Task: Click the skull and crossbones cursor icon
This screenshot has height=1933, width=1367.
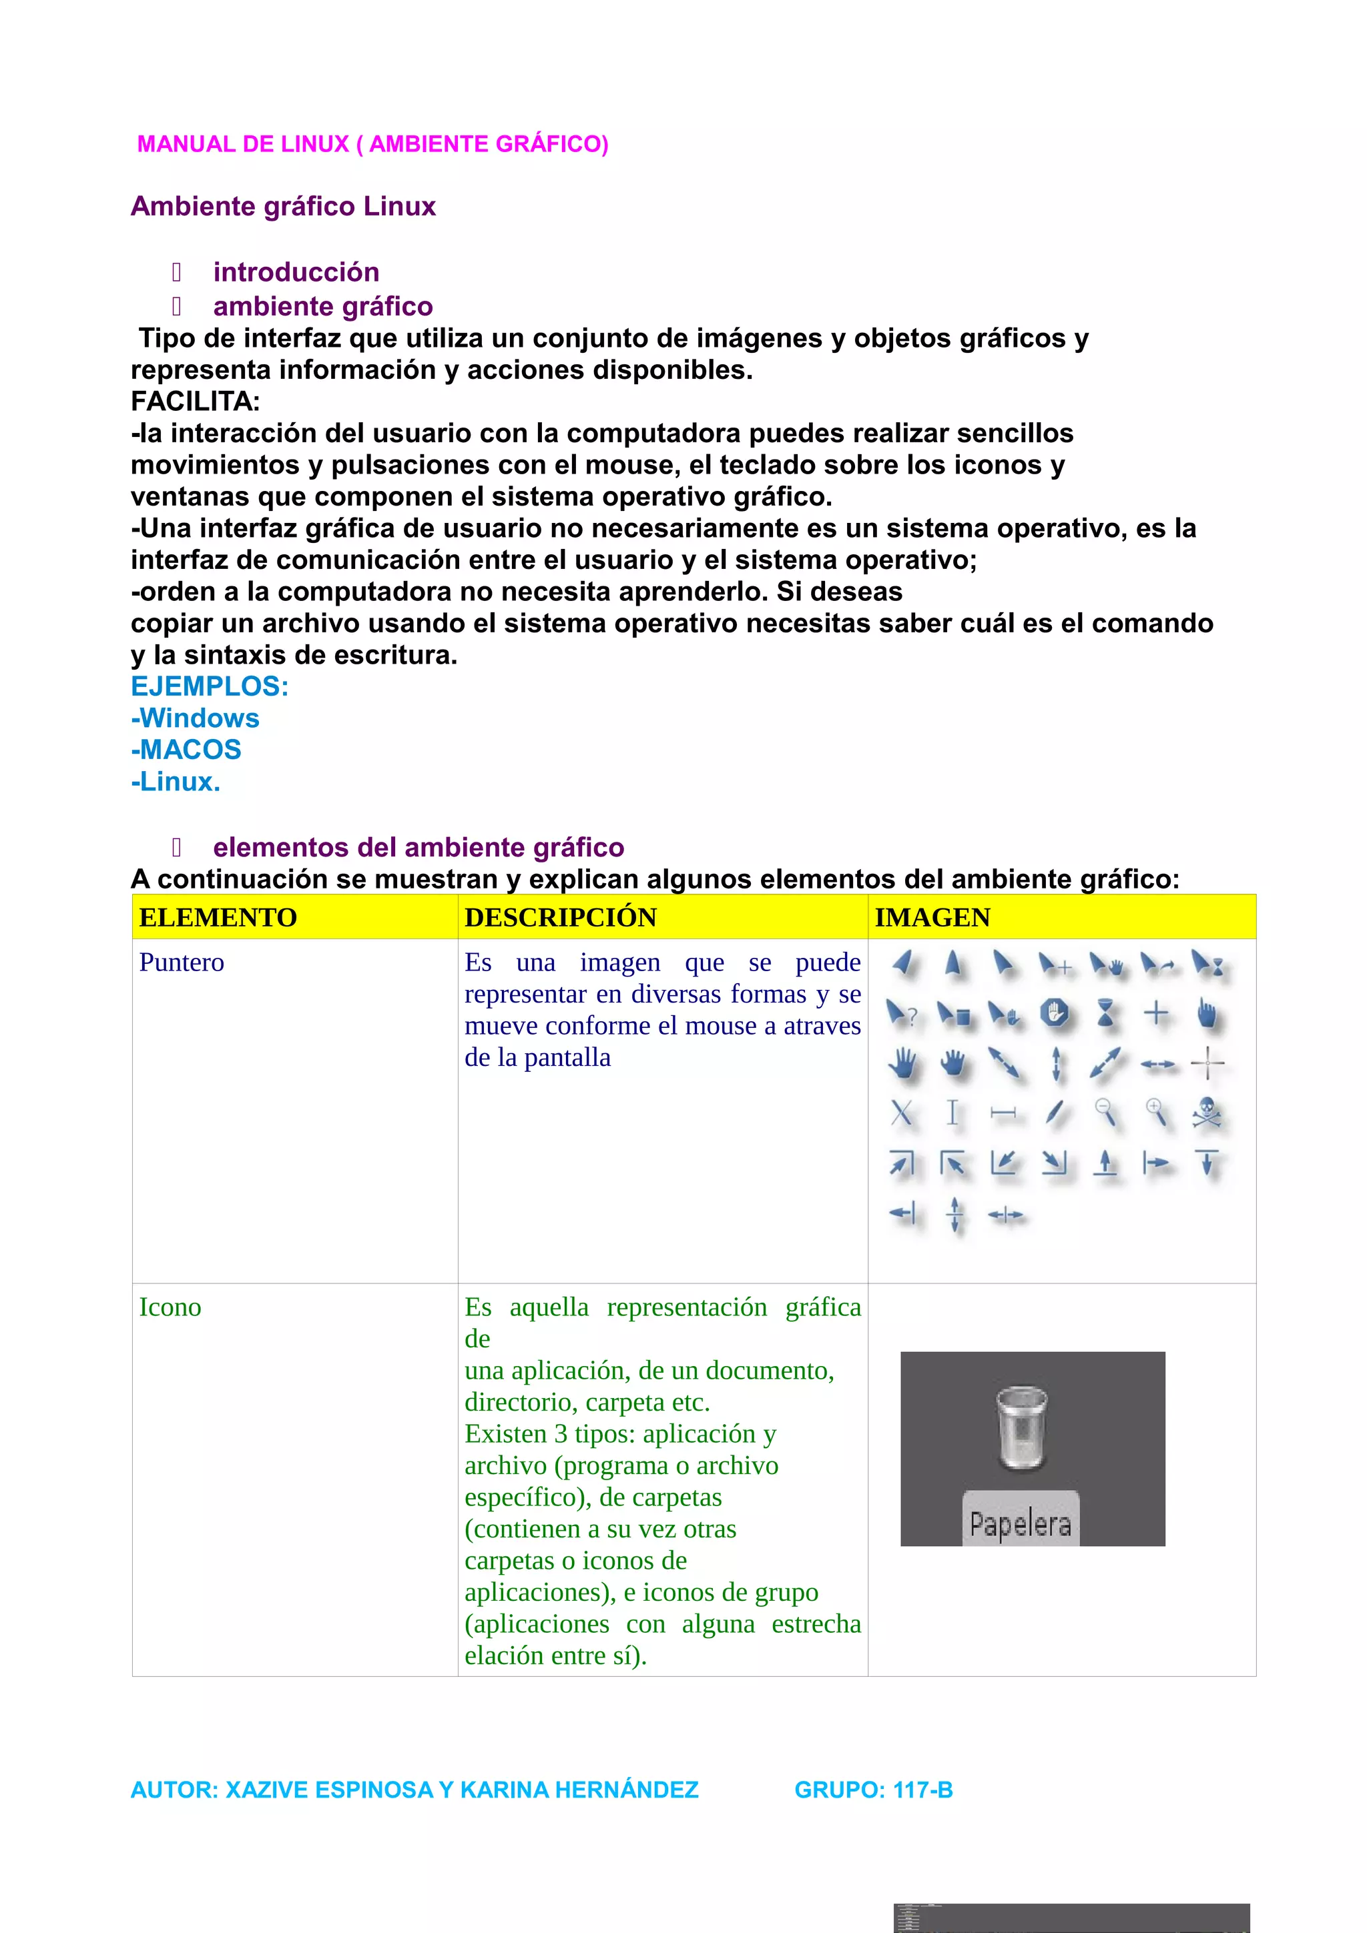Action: (1207, 1113)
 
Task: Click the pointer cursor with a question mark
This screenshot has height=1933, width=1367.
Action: (901, 1014)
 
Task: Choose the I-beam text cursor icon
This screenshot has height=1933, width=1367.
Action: (952, 1113)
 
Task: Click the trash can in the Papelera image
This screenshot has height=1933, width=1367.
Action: (1022, 1428)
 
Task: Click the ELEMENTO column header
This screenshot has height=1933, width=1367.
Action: (218, 918)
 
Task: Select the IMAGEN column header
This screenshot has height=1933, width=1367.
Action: (932, 918)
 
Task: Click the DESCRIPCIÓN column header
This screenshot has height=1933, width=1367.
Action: (560, 918)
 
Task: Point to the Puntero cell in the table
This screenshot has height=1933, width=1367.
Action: (182, 962)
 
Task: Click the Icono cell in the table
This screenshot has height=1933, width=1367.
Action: (170, 1307)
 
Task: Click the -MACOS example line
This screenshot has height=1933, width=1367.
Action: (186, 749)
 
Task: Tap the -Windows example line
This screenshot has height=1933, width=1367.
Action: (196, 718)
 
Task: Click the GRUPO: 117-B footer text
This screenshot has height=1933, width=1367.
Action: (874, 1790)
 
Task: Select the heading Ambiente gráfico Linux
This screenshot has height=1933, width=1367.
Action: (283, 206)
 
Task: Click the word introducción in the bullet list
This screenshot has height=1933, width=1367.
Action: (296, 272)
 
